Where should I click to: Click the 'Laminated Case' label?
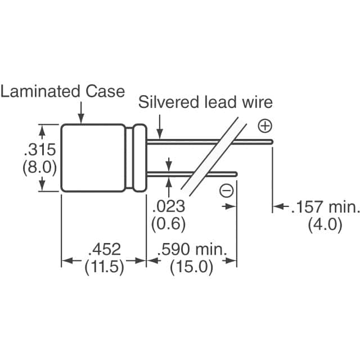coord(62,92)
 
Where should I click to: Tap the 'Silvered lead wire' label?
coord(205,102)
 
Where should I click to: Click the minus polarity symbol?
coord(226,191)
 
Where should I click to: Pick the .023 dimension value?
coord(168,206)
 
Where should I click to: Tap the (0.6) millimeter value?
coord(168,224)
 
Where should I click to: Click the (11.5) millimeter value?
coord(104,268)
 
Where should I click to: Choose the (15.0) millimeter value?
coord(192,268)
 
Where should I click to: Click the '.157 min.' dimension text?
coord(325,208)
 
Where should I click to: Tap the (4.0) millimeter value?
coord(325,225)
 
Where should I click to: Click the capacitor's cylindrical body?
coord(93,158)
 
